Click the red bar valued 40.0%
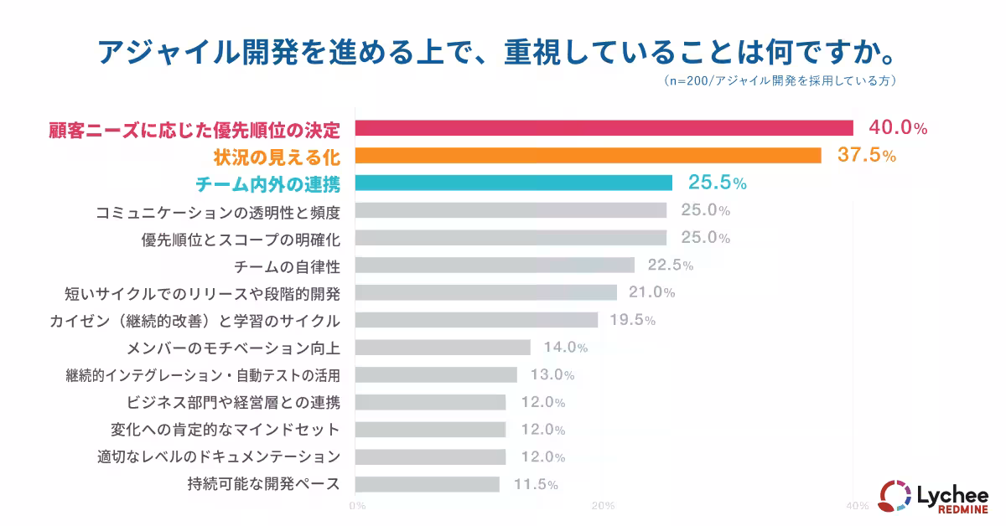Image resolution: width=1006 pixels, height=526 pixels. (x=604, y=128)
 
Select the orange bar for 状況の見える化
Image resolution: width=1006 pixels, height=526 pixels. (x=588, y=156)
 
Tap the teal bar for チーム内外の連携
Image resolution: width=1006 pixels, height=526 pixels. (x=513, y=183)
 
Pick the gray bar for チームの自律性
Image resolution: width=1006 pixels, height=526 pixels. (x=495, y=266)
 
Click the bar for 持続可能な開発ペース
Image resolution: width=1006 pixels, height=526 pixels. (x=427, y=484)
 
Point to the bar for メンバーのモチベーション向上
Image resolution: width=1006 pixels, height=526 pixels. (x=443, y=347)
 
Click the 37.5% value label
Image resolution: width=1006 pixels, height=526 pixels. (x=867, y=156)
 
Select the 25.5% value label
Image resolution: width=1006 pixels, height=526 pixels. (x=717, y=183)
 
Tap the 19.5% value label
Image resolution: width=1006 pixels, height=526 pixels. (x=632, y=320)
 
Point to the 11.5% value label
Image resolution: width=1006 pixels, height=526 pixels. (x=535, y=484)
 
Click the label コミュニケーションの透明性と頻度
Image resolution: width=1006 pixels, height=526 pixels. (x=218, y=210)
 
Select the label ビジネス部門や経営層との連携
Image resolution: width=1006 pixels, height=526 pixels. (x=233, y=402)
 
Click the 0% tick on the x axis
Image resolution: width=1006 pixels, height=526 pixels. (x=356, y=506)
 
